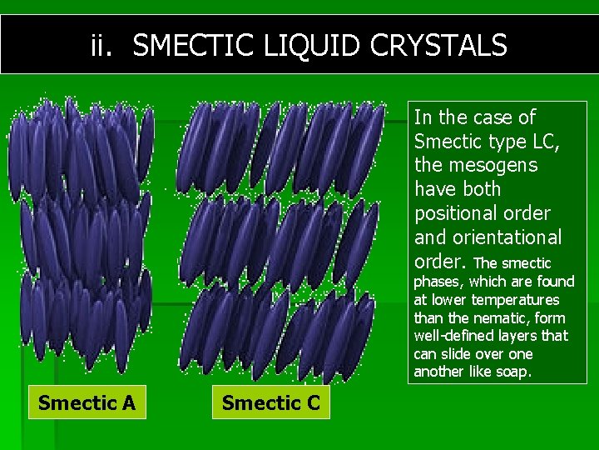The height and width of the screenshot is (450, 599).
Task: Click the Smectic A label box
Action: point(87,403)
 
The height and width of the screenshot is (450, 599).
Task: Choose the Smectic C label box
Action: point(270,403)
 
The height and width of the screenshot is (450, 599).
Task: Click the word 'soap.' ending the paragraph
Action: point(512,372)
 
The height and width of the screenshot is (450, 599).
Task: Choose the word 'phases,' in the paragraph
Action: point(441,282)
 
